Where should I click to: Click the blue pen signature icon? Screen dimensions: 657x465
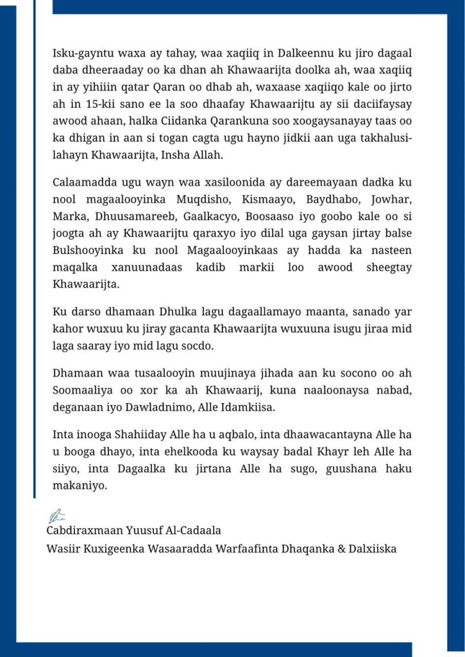click(56, 515)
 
